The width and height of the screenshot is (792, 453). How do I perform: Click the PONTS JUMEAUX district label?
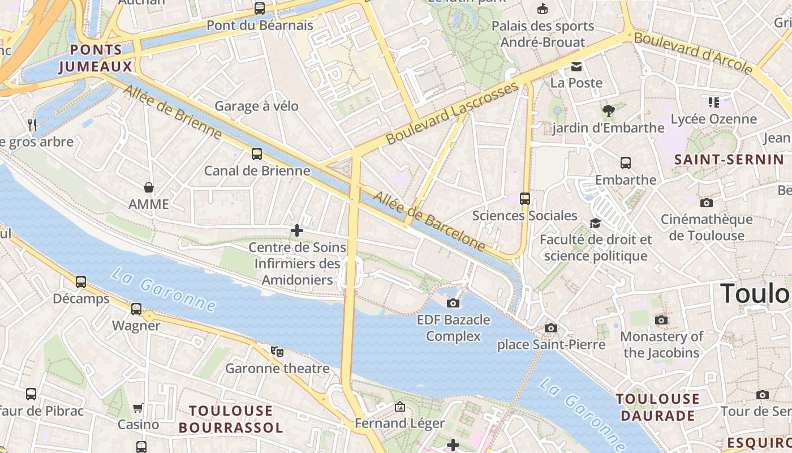tap(96, 58)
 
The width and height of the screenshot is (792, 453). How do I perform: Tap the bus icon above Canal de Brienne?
tap(257, 154)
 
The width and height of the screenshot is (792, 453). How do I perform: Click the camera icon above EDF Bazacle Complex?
tap(453, 303)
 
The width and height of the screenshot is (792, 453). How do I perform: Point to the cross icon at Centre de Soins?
tap(297, 230)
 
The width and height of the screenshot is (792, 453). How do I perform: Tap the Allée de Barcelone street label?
tap(429, 221)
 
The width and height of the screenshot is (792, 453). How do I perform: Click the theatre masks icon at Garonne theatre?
tap(277, 352)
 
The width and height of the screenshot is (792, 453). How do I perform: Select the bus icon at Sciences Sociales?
tap(525, 199)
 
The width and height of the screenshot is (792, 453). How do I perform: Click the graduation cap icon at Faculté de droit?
tap(595, 223)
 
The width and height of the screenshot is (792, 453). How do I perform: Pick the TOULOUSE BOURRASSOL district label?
tap(230, 419)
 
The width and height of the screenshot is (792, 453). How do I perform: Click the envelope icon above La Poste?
tap(576, 66)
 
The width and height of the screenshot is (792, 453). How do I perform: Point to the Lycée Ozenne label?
tap(713, 119)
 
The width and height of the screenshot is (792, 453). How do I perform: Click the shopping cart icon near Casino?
tap(138, 408)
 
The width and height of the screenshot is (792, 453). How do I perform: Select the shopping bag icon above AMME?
tap(149, 187)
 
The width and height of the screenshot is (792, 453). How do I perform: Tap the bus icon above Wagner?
tap(136, 309)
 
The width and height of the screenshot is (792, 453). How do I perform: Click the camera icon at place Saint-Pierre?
tap(551, 328)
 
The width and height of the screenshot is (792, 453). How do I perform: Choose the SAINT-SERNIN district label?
tap(725, 160)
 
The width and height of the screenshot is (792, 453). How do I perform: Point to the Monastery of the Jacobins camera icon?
tap(661, 320)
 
